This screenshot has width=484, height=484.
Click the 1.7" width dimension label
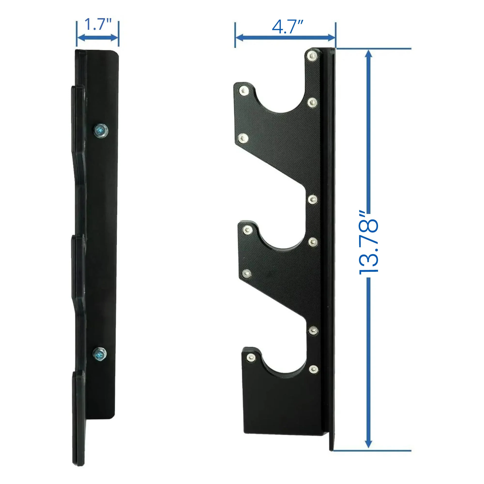pos(98,24)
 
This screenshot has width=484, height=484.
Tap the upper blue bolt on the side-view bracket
pos(101,130)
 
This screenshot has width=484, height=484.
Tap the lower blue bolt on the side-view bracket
pos(99,354)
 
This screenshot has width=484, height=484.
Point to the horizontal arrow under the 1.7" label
pos(97,38)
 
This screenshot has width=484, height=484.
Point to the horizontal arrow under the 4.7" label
pos(285,38)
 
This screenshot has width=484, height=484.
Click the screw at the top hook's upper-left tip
pos(243,91)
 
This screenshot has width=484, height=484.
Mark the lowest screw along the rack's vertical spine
pos(313,369)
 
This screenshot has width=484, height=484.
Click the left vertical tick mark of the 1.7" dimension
pos(77,34)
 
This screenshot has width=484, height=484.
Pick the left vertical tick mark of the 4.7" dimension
pos(235,35)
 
